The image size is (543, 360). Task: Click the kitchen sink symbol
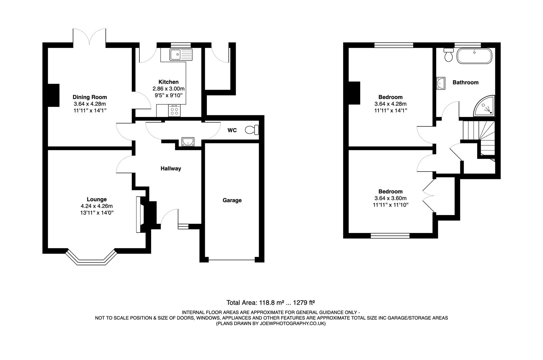[x=181, y=54]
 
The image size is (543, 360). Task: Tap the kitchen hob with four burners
[x=174, y=110]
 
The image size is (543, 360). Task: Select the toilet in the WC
[x=252, y=130]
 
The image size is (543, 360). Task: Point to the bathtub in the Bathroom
[x=474, y=56]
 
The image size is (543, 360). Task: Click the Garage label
[x=232, y=200]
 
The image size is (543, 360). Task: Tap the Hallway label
[x=171, y=169]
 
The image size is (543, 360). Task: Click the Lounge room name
[x=97, y=199]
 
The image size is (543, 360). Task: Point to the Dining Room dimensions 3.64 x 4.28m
[x=90, y=104]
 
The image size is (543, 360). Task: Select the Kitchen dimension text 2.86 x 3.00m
[x=168, y=89]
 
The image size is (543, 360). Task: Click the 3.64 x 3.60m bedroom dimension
[x=390, y=198]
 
